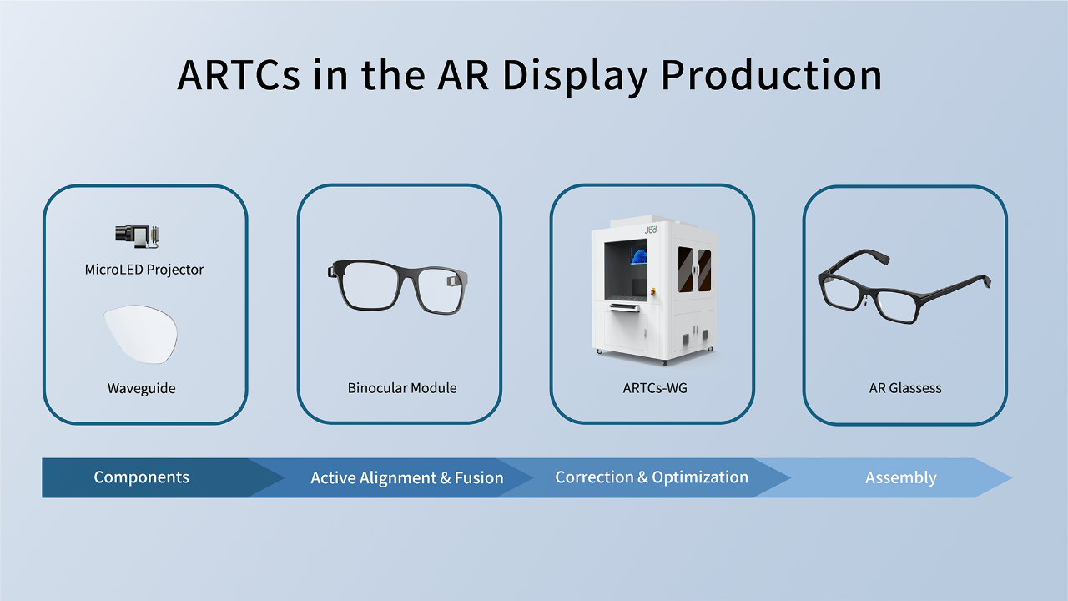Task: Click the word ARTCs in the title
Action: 239,75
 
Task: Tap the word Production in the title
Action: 772,75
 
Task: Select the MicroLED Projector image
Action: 138,236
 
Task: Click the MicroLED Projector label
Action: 144,270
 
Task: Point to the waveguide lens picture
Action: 141,334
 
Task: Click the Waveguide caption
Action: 141,388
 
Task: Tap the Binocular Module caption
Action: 402,388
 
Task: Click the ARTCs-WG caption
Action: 655,388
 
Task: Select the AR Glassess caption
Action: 905,388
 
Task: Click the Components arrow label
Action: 141,477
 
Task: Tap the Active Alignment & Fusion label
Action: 406,478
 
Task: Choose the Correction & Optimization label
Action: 652,477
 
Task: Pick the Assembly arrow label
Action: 900,478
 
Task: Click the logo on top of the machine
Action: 651,230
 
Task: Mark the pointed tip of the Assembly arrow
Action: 1012,478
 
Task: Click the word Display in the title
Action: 575,76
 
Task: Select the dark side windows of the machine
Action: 694,269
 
